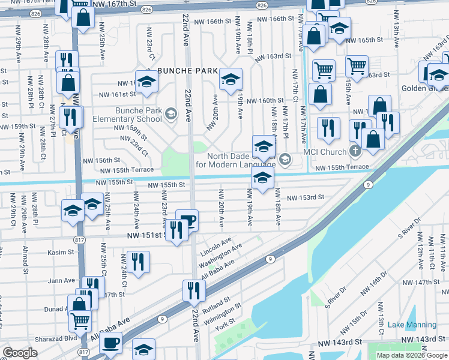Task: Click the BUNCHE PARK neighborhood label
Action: coord(187,71)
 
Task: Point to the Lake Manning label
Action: coord(412,325)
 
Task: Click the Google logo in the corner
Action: coord(20,353)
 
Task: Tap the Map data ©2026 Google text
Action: coord(412,355)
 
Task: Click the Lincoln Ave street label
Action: coord(217,244)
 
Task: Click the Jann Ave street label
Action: coord(62,280)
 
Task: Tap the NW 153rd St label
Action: coord(305,197)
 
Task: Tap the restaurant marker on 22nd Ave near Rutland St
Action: coord(194,290)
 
